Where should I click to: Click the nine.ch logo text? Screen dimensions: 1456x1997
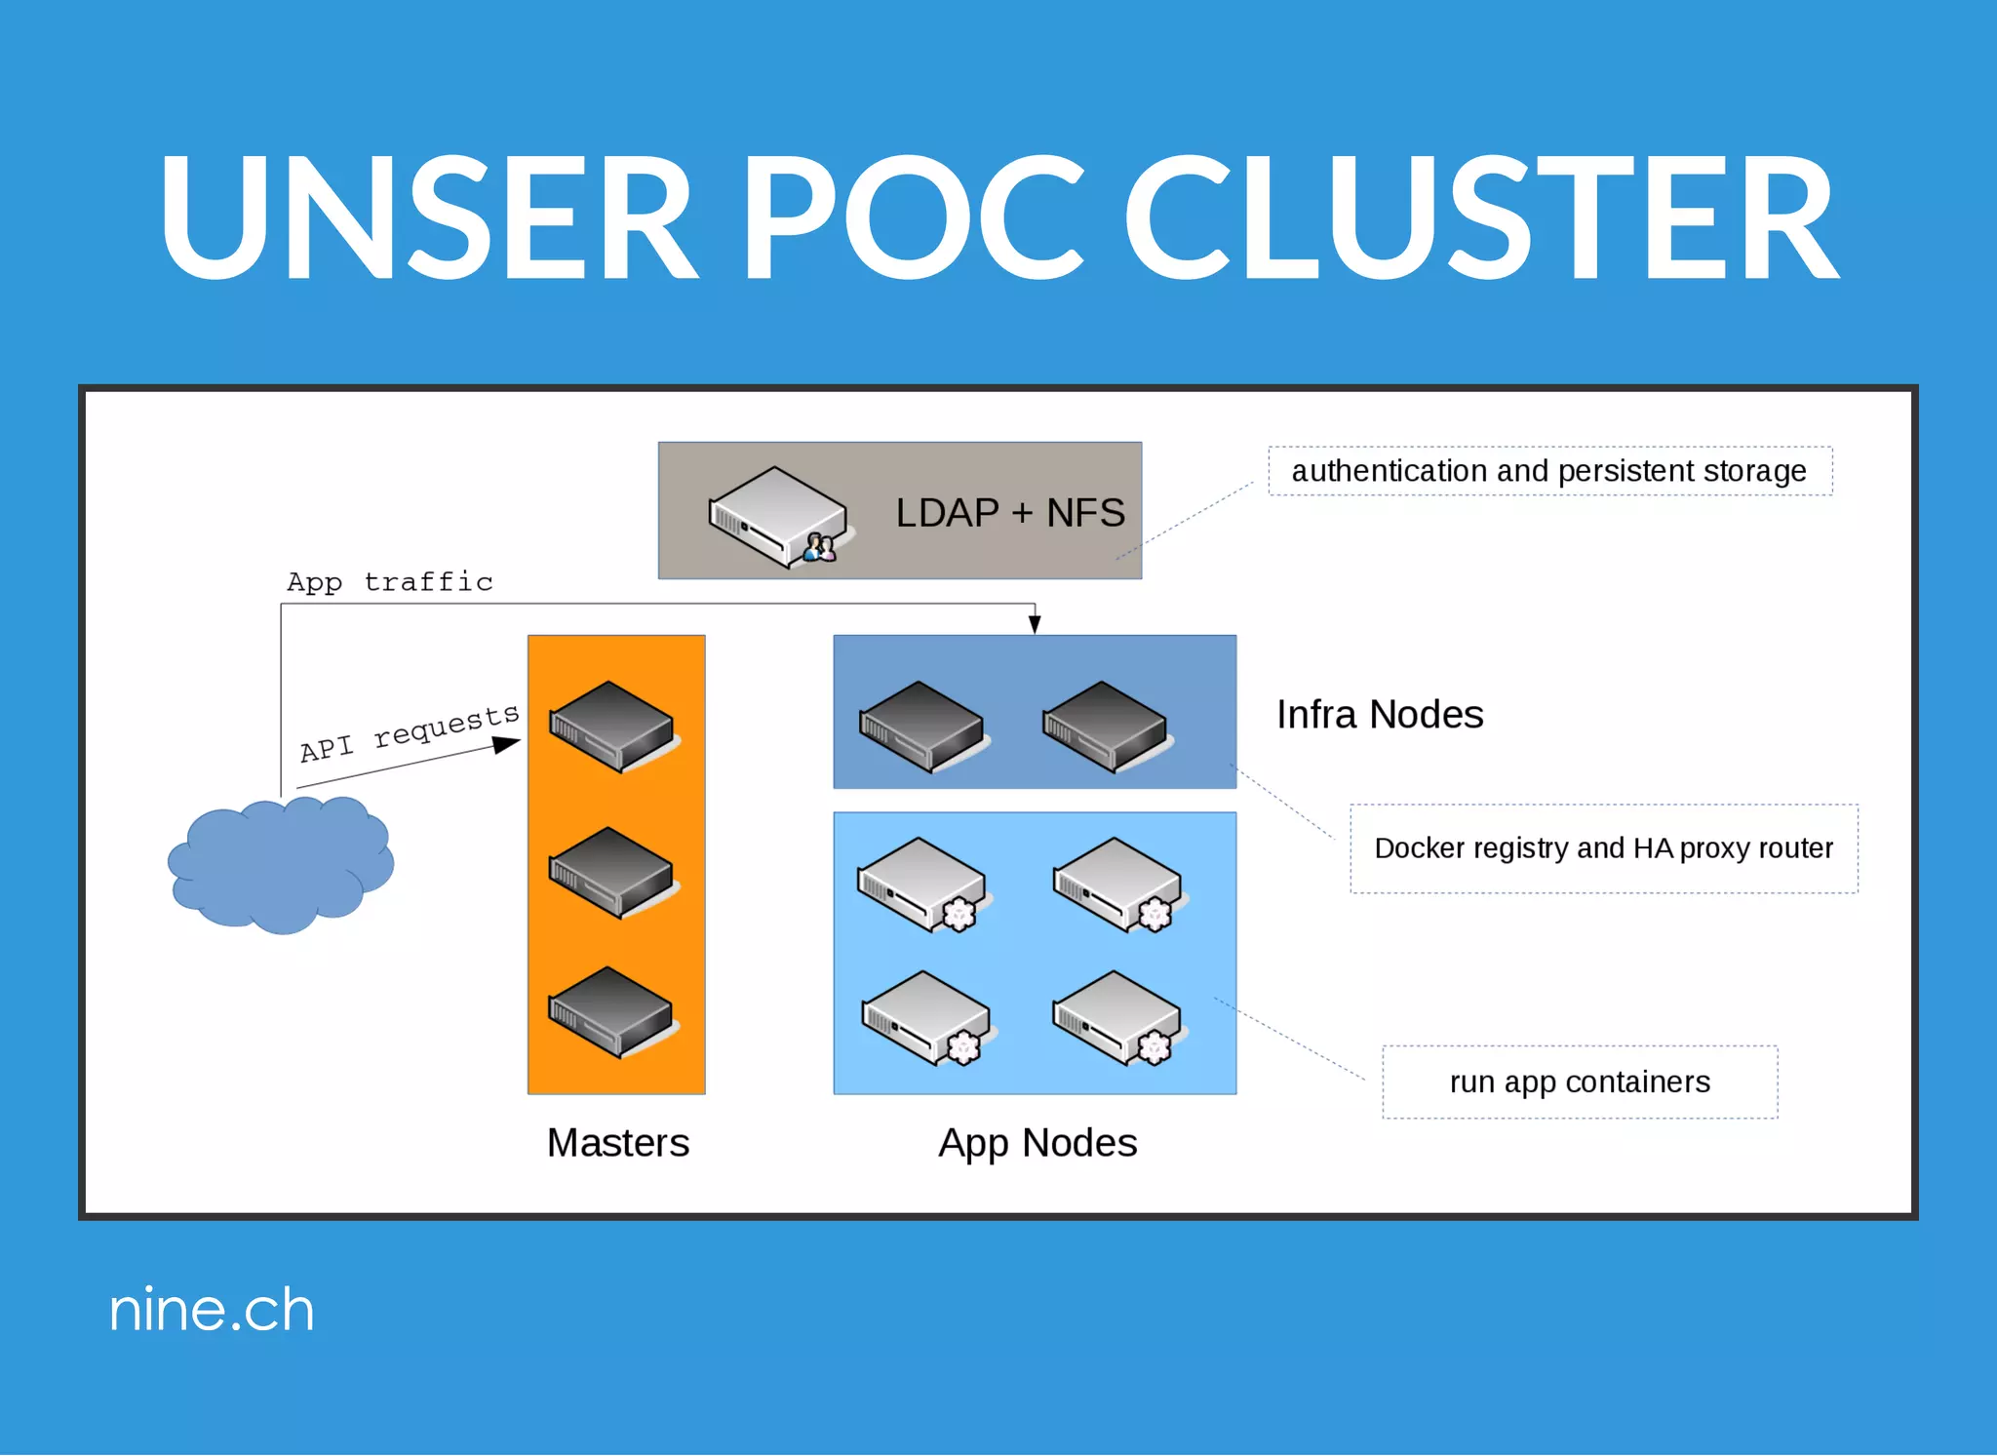pyautogui.click(x=212, y=1310)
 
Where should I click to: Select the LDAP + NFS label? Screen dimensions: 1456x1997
pyautogui.click(x=1009, y=513)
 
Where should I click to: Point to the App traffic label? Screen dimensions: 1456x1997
pyautogui.click(x=390, y=582)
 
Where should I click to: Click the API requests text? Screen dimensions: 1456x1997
pyautogui.click(x=410, y=732)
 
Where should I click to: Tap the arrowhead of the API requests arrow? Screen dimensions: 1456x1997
pyautogui.click(x=507, y=745)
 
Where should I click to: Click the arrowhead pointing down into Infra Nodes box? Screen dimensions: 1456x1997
pyautogui.click(x=1035, y=624)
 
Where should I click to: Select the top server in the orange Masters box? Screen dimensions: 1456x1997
pyautogui.click(x=612, y=727)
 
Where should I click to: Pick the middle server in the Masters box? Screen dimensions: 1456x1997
pyautogui.click(x=612, y=872)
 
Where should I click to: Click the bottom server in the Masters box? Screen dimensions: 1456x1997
pyautogui.click(x=612, y=1012)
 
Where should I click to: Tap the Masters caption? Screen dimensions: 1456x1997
pyautogui.click(x=617, y=1143)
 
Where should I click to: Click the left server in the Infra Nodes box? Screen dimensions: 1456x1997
pyautogui.click(x=921, y=727)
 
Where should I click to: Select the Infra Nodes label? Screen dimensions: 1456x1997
pyautogui.click(x=1380, y=715)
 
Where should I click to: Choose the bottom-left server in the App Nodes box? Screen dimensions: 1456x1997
pyautogui.click(x=925, y=1017)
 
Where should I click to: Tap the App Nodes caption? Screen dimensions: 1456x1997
pyautogui.click(x=1038, y=1143)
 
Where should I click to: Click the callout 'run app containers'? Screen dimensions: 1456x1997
pyautogui.click(x=1580, y=1082)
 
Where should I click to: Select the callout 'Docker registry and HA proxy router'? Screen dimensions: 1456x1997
pyautogui.click(x=1603, y=848)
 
